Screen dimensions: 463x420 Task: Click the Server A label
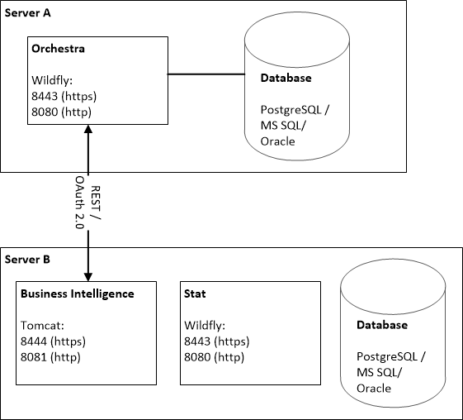pyautogui.click(x=28, y=13)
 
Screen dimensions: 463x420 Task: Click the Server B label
pyautogui.click(x=27, y=260)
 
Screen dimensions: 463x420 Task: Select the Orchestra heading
pyautogui.click(x=58, y=49)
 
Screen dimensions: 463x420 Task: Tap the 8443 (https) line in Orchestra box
pyautogui.click(x=64, y=96)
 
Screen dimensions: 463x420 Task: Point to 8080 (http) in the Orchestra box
pyautogui.click(x=61, y=112)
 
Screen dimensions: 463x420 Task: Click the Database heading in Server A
pyautogui.click(x=286, y=78)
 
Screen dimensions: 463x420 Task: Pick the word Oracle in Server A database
pyautogui.click(x=277, y=141)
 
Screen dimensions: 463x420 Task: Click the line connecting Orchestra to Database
pyautogui.click(x=206, y=74)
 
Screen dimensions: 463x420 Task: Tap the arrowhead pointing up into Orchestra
pyautogui.click(x=88, y=129)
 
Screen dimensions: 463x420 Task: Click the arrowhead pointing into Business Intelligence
pyautogui.click(x=88, y=277)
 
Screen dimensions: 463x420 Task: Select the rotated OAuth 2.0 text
pyautogui.click(x=79, y=203)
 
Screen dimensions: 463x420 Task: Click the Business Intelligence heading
pyautogui.click(x=78, y=294)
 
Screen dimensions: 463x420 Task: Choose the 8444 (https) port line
pyautogui.click(x=53, y=341)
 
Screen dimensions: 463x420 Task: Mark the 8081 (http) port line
pyautogui.click(x=50, y=357)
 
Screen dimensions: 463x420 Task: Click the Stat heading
pyautogui.click(x=195, y=294)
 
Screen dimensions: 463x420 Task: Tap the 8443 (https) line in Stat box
pyautogui.click(x=217, y=341)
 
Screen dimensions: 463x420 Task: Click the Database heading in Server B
pyautogui.click(x=382, y=325)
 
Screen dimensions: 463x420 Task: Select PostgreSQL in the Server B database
pyautogui.click(x=387, y=356)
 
